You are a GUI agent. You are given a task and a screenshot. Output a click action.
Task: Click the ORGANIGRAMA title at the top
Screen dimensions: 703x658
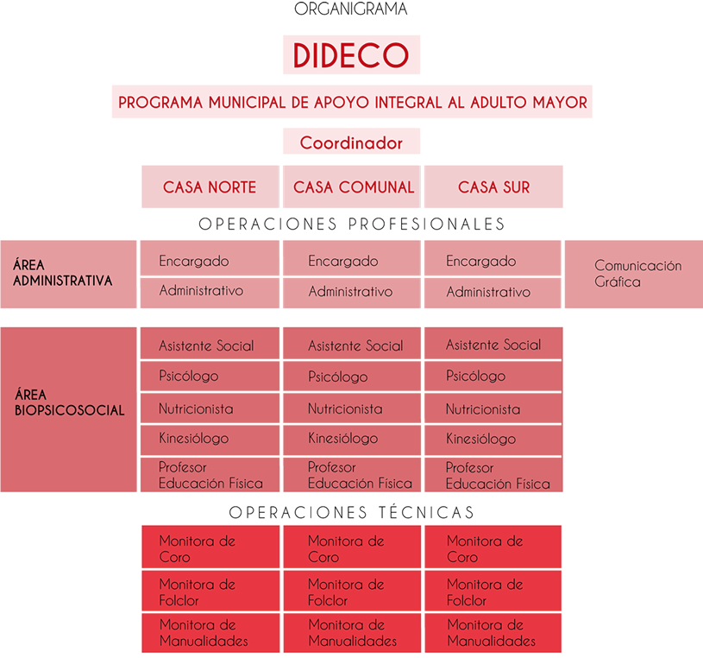point(350,9)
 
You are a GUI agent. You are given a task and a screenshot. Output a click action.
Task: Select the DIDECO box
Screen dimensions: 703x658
point(351,55)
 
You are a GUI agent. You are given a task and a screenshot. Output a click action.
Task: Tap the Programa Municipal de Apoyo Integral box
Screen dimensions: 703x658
point(352,101)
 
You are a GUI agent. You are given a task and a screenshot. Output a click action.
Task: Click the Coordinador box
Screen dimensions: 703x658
point(351,142)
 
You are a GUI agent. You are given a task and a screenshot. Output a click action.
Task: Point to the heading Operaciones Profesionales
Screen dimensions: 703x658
point(351,224)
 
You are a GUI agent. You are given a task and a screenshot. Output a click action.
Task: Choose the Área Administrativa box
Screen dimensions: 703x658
point(68,274)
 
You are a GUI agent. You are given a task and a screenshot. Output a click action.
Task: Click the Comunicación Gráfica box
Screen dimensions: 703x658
point(634,274)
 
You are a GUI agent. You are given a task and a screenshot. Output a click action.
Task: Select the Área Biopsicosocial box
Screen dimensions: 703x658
point(68,409)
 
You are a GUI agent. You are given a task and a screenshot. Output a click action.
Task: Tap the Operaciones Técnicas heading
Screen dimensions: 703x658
point(351,512)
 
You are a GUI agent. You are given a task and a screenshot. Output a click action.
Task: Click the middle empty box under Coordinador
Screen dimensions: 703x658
point(351,187)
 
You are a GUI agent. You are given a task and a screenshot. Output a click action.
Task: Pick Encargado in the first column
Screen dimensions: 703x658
point(210,261)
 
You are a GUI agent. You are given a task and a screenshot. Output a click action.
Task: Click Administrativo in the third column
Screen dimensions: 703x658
point(493,293)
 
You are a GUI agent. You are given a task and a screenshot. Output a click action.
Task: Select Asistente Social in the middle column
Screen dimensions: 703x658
point(351,345)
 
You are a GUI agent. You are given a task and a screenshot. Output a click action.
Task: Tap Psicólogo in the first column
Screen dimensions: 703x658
point(210,376)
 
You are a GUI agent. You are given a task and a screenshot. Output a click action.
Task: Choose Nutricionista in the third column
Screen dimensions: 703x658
point(493,409)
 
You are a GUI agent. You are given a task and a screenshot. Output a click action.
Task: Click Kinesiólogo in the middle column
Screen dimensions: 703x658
point(351,439)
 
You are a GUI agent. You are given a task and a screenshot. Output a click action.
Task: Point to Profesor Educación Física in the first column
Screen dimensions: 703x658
point(210,475)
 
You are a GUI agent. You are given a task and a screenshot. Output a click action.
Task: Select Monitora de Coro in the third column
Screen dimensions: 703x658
point(493,548)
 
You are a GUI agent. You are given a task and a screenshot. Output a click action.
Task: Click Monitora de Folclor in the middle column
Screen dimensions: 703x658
point(351,592)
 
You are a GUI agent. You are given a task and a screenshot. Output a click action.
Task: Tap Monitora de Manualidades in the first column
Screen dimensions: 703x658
point(210,633)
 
